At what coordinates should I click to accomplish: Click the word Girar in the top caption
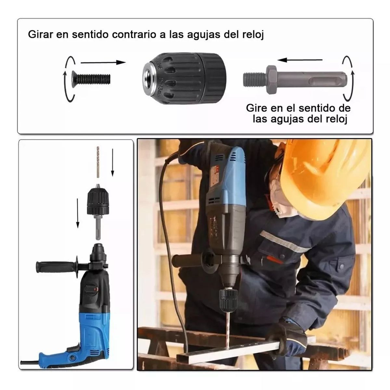tap(40, 34)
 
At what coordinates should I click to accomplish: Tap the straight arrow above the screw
tap(102, 62)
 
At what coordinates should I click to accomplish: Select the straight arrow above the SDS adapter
tap(300, 60)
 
